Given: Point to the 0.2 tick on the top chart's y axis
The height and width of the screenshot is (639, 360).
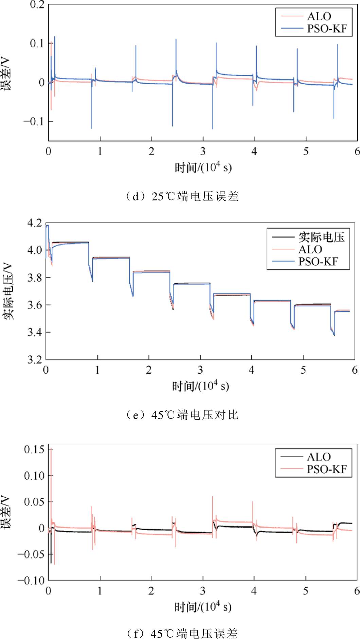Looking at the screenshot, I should [37, 5].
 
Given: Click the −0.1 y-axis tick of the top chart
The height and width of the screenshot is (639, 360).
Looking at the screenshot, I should [34, 121].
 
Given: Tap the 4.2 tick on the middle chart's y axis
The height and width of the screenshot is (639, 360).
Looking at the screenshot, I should [35, 223].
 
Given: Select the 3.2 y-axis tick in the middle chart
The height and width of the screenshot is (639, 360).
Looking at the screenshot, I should [35, 359].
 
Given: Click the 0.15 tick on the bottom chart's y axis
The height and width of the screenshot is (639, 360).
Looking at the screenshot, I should [34, 449].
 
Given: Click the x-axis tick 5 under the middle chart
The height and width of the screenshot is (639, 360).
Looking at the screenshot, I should [303, 370].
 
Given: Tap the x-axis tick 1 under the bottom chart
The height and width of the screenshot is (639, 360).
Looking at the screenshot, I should [100, 591].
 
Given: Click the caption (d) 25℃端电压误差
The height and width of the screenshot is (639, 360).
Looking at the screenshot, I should [182, 197].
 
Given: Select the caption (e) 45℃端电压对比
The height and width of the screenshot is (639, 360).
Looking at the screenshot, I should [182, 415].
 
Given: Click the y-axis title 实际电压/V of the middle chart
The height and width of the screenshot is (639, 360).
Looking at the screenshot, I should [8, 291].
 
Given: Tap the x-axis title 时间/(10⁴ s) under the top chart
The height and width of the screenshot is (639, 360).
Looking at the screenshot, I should [203, 167].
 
